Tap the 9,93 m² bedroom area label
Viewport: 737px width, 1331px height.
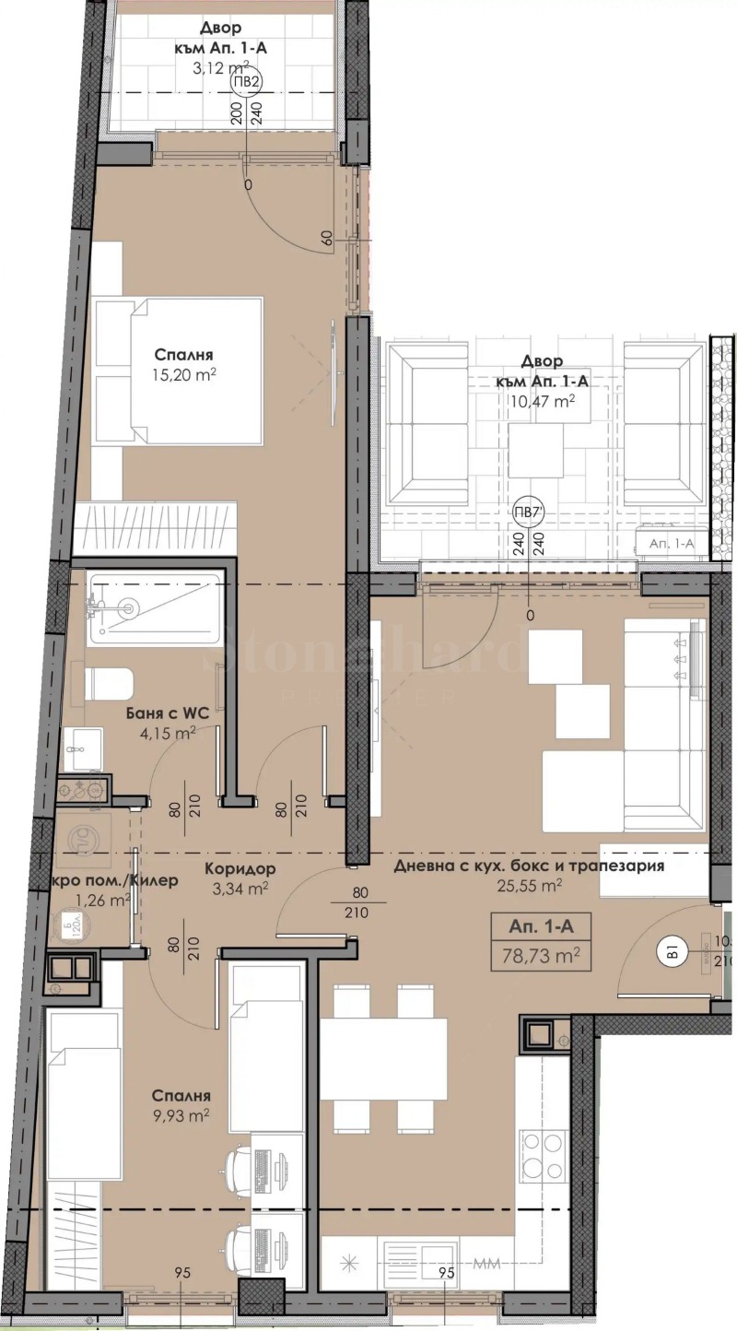pyautogui.click(x=182, y=1114)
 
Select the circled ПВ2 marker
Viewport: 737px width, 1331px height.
pyautogui.click(x=246, y=80)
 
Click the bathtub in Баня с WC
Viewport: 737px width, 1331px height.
pyautogui.click(x=155, y=607)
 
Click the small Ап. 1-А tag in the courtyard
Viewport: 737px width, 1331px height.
pyautogui.click(x=671, y=545)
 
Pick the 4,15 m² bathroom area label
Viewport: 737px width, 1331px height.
pyautogui.click(x=174, y=734)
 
